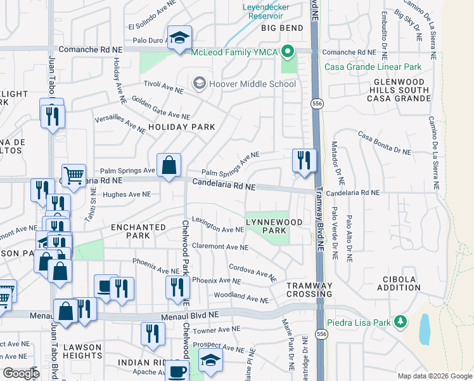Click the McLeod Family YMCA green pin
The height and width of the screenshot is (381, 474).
coord(287,51)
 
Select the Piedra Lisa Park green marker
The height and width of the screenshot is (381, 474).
coord(400,322)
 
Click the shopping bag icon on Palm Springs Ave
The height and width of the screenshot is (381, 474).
coord(169,166)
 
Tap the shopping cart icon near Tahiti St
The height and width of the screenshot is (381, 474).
coord(74,175)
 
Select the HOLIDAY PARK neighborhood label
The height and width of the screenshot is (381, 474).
coord(182,127)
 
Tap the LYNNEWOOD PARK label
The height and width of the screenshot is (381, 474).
coord(274,225)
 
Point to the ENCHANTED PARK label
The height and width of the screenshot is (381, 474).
coord(130,231)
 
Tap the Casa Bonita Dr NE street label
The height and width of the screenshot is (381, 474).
coord(385,144)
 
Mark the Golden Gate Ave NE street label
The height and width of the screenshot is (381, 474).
coord(161,109)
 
